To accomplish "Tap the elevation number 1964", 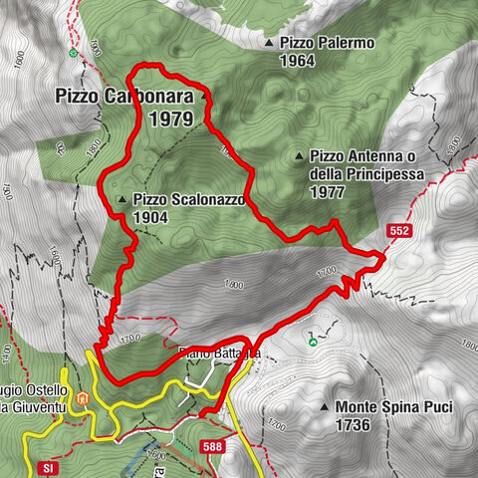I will pos(297,61).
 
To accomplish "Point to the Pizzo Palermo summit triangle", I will pos(269,44).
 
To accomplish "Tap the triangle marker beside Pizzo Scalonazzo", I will pos(121,200).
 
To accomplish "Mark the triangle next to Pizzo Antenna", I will pos(299,156).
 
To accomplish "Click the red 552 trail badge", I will pos(400,231).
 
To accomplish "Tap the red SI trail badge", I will pos(47,467).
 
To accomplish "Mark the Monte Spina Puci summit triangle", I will pos(325,407).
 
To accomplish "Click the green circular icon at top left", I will pos(73,51).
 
